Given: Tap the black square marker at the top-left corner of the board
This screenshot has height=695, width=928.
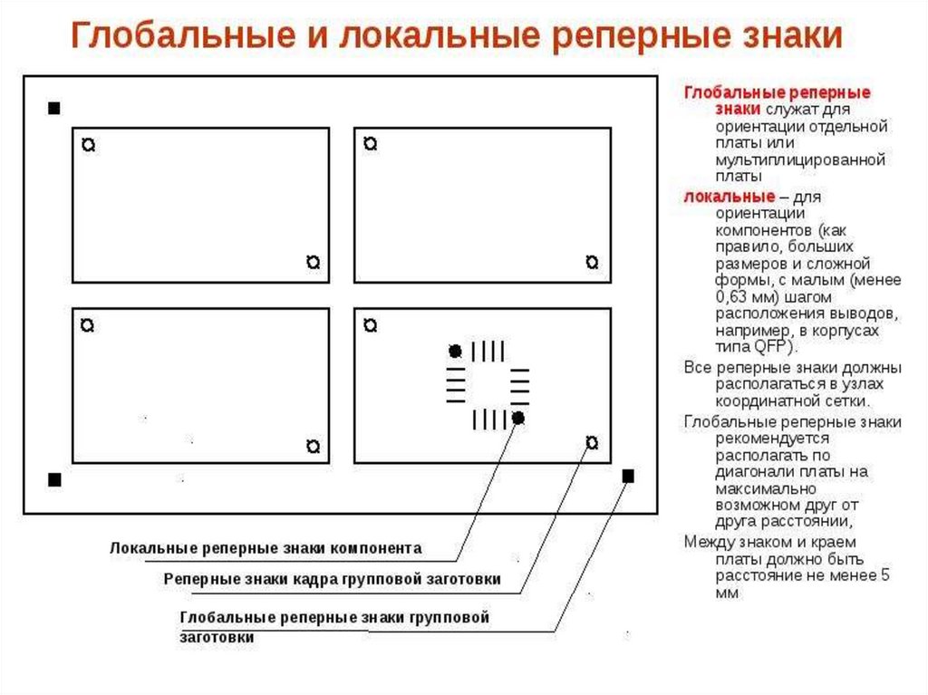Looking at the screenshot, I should tap(53, 109).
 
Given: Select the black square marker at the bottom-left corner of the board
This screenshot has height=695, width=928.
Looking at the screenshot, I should tap(53, 478).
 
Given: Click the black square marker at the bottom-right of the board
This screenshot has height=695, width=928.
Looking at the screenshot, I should tap(628, 476).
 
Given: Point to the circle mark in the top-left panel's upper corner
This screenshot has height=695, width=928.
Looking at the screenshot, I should tap(88, 144).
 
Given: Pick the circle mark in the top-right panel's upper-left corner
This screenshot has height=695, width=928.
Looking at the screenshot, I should tap(369, 144).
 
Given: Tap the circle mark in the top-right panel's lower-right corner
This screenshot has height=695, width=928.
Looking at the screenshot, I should tap(592, 262).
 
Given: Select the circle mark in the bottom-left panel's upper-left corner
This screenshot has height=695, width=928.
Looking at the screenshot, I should tap(88, 323).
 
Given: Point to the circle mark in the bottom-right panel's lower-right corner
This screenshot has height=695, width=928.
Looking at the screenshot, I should tap(592, 442).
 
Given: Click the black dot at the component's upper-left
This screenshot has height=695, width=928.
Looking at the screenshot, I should tap(455, 351).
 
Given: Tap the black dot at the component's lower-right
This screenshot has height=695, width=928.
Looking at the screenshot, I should tap(517, 417).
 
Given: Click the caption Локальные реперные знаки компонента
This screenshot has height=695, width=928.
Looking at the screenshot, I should tap(266, 548).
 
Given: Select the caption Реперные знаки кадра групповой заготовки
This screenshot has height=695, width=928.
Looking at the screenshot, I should tap(332, 579).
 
